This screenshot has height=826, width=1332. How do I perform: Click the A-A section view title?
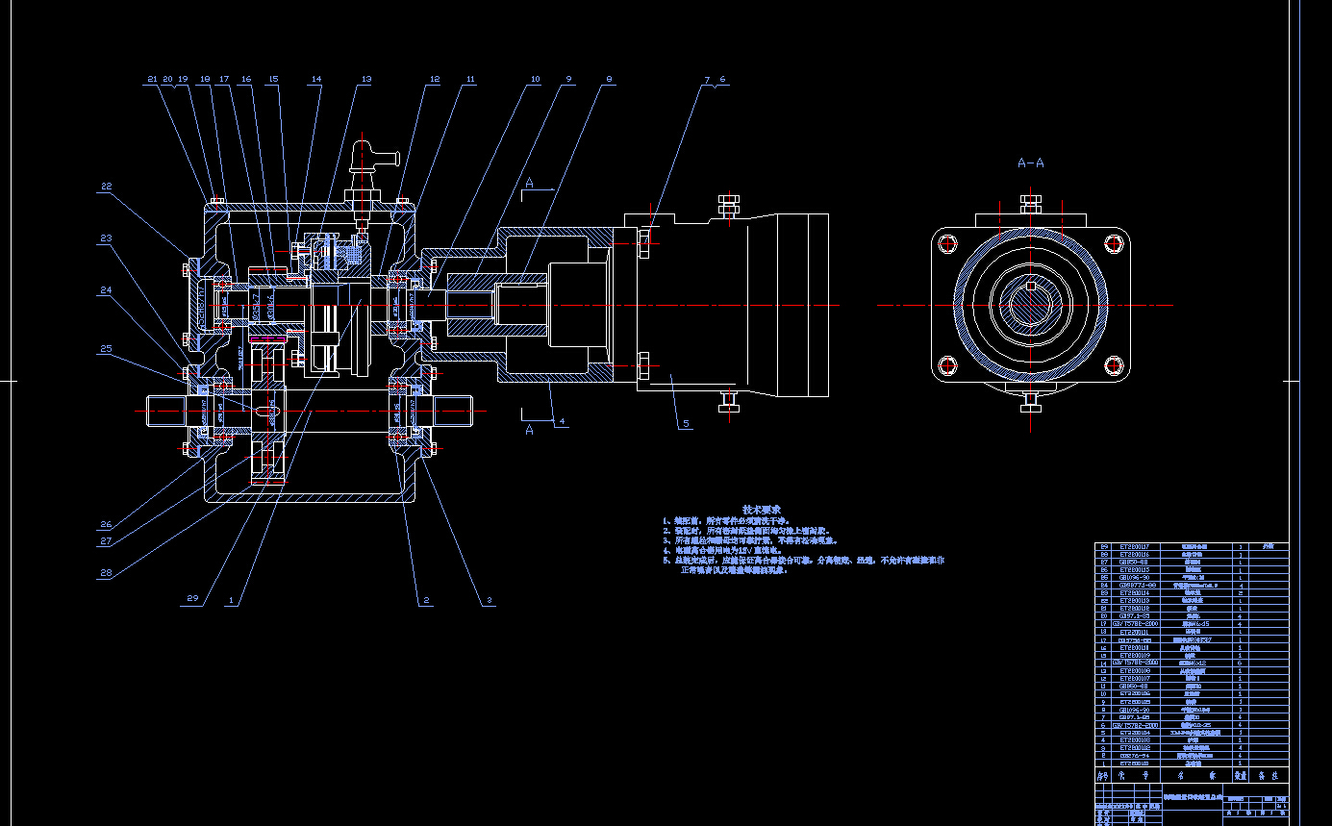point(1030,163)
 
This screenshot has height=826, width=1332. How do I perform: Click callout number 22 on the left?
point(106,187)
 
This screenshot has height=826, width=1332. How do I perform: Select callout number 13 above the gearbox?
point(365,80)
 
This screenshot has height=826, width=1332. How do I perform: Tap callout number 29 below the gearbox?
point(192,599)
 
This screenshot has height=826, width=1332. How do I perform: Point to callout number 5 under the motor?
point(686,423)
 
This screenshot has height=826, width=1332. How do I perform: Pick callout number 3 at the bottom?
point(489,600)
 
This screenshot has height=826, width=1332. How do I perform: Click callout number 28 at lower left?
point(106,573)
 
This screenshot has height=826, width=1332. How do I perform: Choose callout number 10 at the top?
point(535,80)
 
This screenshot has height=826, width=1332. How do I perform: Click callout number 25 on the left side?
point(106,349)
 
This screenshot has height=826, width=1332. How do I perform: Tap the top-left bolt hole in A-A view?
point(947,242)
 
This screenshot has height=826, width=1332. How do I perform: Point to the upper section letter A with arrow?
point(529,183)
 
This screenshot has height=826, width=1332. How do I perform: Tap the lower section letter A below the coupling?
point(529,430)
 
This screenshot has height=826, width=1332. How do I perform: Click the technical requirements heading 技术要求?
point(762,509)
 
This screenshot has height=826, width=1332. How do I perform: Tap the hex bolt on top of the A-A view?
point(1030,205)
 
